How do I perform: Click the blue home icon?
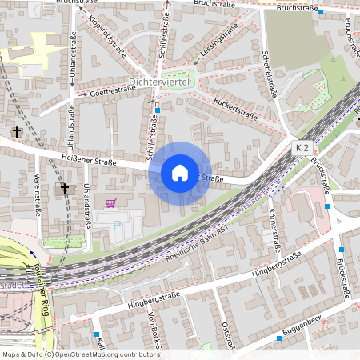pyautogui.click(x=180, y=172)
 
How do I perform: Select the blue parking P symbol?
pyautogui.click(x=117, y=226)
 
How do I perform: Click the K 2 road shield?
pyautogui.click(x=302, y=148)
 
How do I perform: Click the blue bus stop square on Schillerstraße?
pyautogui.click(x=158, y=110)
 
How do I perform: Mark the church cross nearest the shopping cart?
pyautogui.click(x=65, y=189)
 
